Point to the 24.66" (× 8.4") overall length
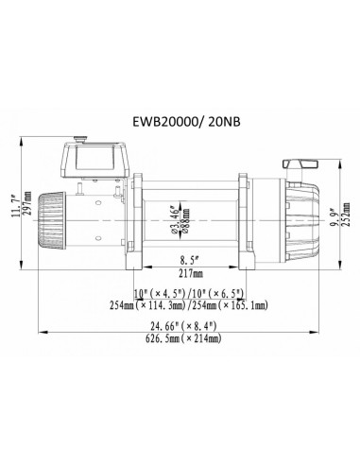click(x=180, y=326)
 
